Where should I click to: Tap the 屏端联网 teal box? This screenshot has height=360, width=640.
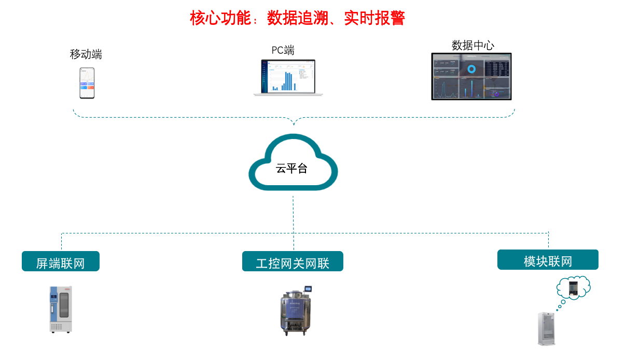tap(60, 261)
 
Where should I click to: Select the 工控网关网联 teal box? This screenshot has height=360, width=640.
tap(293, 261)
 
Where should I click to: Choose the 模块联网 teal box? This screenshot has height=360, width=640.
tap(548, 260)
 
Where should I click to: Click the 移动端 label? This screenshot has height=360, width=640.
tap(86, 54)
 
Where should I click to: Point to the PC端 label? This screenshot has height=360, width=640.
tap(283, 50)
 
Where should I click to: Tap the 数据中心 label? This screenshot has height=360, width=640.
tap(473, 45)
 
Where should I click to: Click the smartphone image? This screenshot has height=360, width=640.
tap(87, 83)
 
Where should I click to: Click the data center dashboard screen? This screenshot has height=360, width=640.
tap(471, 76)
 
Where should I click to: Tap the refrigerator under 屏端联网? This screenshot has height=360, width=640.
tap(61, 309)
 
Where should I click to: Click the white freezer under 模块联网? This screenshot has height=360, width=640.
tap(548, 328)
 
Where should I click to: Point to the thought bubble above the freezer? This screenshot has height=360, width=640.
tap(573, 288)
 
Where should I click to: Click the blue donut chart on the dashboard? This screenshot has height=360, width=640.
tap(471, 68)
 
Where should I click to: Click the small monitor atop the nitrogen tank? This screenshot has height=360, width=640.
tap(309, 288)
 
